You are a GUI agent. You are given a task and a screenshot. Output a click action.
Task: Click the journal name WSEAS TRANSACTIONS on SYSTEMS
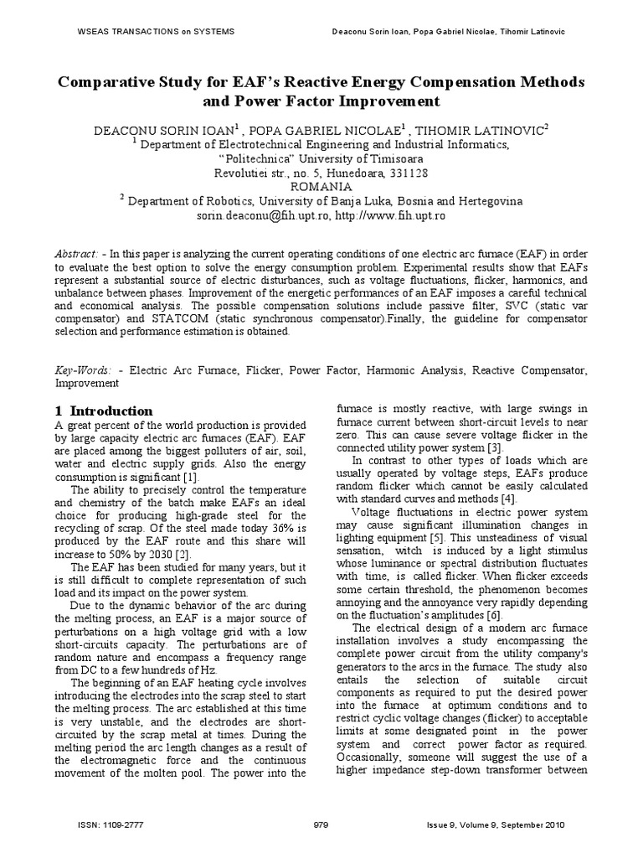[x=144, y=32]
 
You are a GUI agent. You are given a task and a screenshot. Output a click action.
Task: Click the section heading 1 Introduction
[x=104, y=411]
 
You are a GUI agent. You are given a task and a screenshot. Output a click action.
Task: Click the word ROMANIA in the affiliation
[x=321, y=187]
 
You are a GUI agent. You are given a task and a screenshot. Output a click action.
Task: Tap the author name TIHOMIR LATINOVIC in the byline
[x=480, y=129]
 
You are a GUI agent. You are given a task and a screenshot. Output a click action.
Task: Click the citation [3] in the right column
[x=496, y=447]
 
